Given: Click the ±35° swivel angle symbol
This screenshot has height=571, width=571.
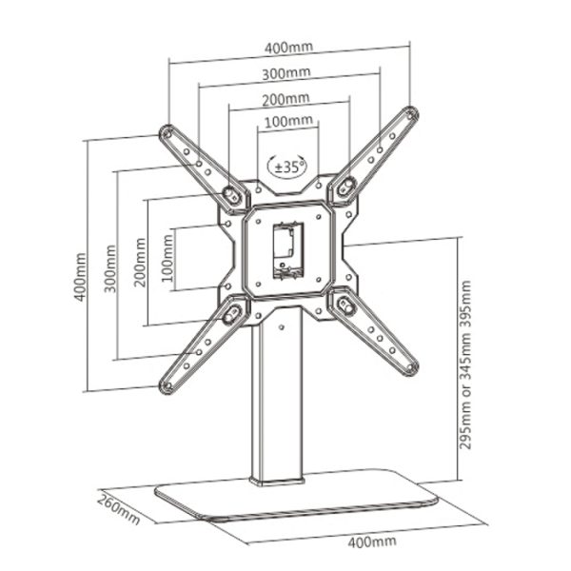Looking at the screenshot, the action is tap(287, 167).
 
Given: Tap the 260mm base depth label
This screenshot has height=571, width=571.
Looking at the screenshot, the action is tap(118, 509).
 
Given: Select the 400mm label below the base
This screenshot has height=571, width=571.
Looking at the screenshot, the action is tap(372, 541).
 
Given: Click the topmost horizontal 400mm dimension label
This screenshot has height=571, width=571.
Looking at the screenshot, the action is tap(288, 48).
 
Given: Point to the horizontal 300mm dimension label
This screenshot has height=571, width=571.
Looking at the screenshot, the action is tap(286, 73).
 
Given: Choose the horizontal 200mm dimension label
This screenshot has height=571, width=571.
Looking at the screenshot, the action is tap(285, 99).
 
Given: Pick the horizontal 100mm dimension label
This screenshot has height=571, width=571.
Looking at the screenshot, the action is tap(288, 121).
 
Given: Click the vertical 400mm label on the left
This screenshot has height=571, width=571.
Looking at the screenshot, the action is tap(80, 277).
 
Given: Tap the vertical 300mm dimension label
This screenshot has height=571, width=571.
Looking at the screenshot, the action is tap(110, 269).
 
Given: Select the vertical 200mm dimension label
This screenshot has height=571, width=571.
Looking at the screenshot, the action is tap(140, 263).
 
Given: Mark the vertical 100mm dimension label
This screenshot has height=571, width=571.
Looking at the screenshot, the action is tap(167, 259).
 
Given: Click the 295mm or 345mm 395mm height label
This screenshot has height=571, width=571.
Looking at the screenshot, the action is tap(465, 364).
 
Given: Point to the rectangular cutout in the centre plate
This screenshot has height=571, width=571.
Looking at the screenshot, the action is tap(288, 251).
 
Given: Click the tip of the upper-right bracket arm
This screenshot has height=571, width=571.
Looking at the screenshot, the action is tap(411, 114).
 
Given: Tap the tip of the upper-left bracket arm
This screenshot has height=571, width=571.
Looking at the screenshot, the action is tap(167, 132).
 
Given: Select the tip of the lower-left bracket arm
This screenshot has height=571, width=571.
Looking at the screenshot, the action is tap(167, 386).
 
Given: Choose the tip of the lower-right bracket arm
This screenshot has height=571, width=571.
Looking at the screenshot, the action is tap(411, 367).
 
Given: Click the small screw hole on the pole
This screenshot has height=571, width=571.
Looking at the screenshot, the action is tap(281, 327).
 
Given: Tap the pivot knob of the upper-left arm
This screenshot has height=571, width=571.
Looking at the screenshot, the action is tap(230, 193).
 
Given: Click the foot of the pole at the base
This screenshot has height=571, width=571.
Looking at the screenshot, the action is tap(277, 481).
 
